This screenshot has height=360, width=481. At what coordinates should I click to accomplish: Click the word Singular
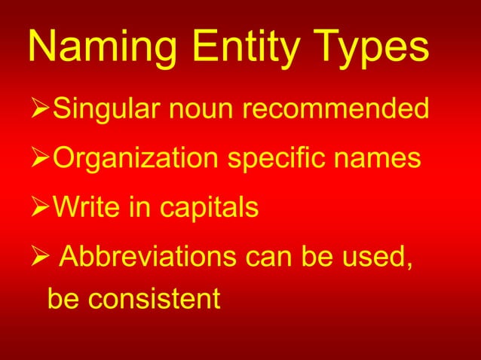[x=107, y=111]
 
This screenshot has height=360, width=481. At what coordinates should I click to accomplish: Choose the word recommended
[x=336, y=111]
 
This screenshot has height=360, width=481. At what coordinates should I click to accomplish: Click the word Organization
[x=130, y=160]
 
